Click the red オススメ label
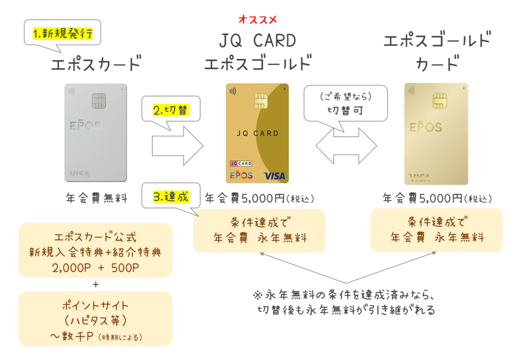pyautogui.click(x=257, y=20)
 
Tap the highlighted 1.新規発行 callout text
pyautogui.click(x=63, y=34)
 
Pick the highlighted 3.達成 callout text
pyautogui.click(x=171, y=197)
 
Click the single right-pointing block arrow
pyautogui.click(x=178, y=146)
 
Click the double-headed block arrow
pyautogui.click(x=346, y=146)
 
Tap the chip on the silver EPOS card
pyautogui.click(x=99, y=101)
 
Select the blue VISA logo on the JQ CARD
pyautogui.click(x=274, y=176)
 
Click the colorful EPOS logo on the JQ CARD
pyautogui.click(x=241, y=175)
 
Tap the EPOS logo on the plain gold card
pyautogui.click(x=426, y=127)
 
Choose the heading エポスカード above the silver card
pyautogui.click(x=96, y=63)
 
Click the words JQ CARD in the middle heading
pyautogui.click(x=257, y=41)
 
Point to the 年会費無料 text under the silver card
pyautogui.click(x=97, y=198)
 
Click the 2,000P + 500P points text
pyautogui.click(x=95, y=267)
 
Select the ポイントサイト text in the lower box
pyautogui.click(x=95, y=305)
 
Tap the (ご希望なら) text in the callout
pyautogui.click(x=345, y=97)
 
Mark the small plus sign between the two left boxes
pyautogui.click(x=96, y=285)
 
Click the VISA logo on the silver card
pyautogui.click(x=80, y=174)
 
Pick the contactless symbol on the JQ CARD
pyautogui.click(x=233, y=91)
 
